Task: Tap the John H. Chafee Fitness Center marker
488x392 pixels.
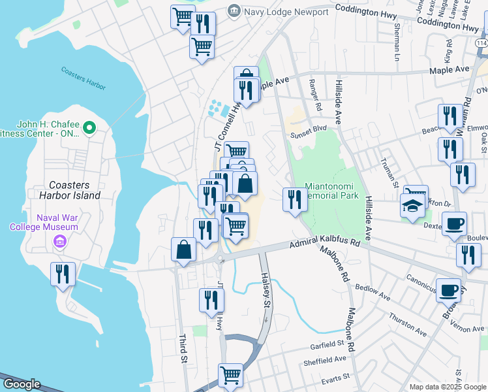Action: pyautogui.click(x=91, y=127)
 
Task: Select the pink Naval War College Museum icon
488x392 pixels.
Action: pyautogui.click(x=59, y=242)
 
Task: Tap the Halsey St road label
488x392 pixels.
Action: pyautogui.click(x=266, y=290)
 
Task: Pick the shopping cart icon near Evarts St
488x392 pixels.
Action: pyautogui.click(x=230, y=375)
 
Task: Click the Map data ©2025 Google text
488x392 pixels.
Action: pyautogui.click(x=448, y=387)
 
